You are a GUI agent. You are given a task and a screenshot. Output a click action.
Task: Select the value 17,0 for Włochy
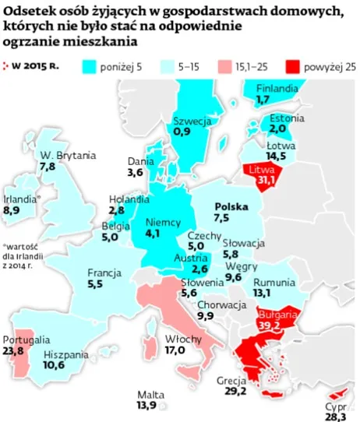tap(175, 350)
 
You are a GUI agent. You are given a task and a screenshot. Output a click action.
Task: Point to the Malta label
tap(150, 394)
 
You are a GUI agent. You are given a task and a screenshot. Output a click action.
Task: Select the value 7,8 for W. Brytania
tap(48, 167)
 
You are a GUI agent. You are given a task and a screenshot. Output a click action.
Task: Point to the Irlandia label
tap(21, 199)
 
